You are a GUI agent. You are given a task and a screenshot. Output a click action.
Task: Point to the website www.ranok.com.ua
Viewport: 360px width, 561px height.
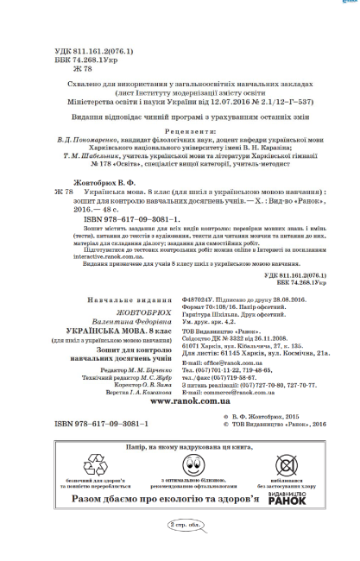pyautogui.click(x=180, y=401)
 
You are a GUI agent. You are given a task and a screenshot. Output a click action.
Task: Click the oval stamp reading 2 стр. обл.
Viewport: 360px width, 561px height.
pyautogui.click(x=180, y=524)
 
